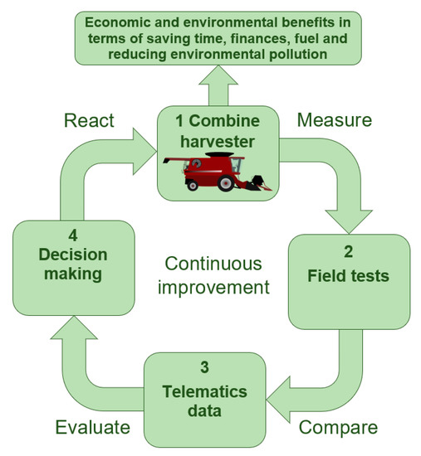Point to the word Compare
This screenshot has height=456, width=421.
point(336,428)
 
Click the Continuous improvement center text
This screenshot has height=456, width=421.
point(214,275)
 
